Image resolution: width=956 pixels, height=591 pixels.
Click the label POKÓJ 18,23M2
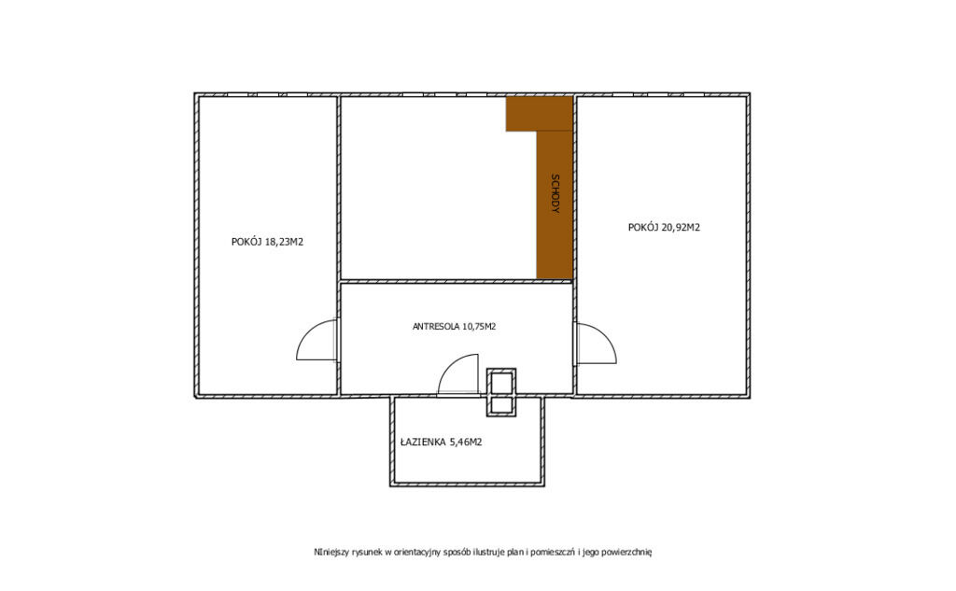(267, 242)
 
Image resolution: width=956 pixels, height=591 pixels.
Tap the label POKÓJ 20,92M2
(664, 228)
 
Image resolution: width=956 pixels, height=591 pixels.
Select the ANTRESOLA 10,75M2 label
(455, 327)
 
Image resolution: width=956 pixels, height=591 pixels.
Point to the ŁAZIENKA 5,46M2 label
(442, 443)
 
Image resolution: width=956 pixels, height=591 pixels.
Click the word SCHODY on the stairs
(555, 193)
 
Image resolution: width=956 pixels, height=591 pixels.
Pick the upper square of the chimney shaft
(501, 383)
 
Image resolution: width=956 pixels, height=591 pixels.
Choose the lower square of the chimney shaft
(501, 406)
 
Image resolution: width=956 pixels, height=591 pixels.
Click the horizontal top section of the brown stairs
(539, 114)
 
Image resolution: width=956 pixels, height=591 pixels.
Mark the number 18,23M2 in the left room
(284, 242)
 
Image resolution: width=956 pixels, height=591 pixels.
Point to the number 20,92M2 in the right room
(681, 228)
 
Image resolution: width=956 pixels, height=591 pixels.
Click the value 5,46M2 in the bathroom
(466, 443)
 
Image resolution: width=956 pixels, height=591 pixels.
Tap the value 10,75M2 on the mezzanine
(479, 327)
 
